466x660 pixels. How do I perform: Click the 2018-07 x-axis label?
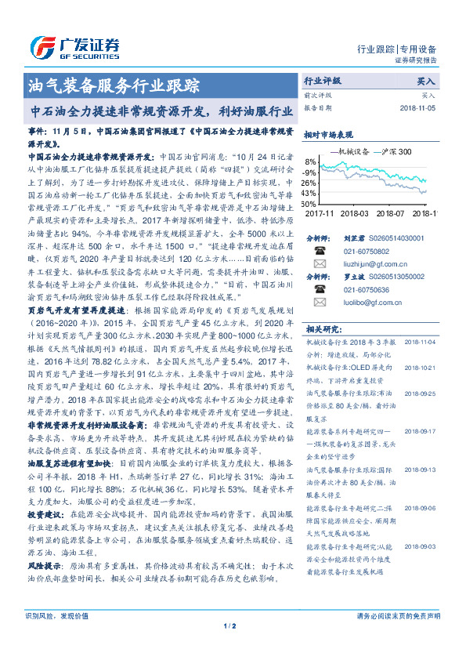(393, 212)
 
